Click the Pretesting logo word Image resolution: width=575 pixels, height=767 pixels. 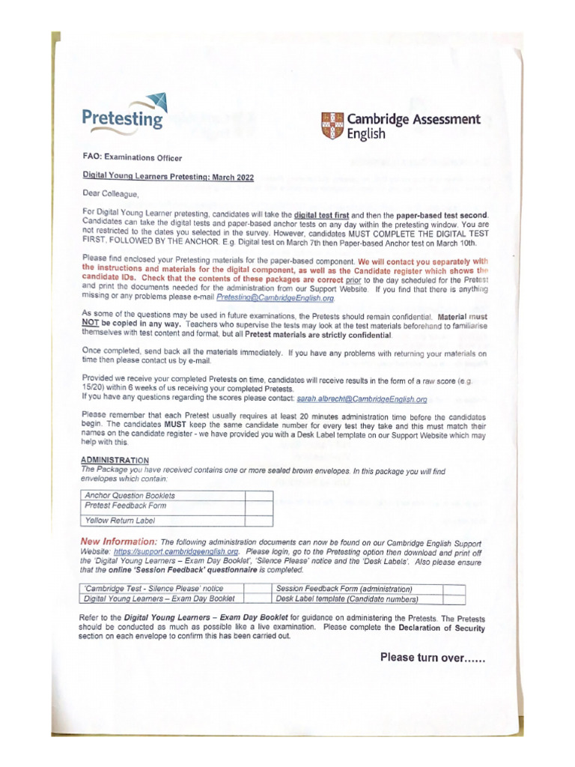tap(122, 118)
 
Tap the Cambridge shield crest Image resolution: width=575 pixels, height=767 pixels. tap(332, 126)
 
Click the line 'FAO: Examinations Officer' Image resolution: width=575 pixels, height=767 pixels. tap(132, 157)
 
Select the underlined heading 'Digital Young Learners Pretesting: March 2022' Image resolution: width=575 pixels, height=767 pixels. tap(168, 177)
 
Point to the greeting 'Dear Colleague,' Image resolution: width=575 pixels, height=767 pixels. tap(111, 194)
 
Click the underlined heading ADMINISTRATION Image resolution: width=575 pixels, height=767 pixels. tap(114, 460)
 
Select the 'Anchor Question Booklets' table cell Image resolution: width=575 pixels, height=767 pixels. tap(130, 495)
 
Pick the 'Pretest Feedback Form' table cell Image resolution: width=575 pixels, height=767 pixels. tap(126, 506)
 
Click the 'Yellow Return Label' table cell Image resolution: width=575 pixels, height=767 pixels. tap(120, 519)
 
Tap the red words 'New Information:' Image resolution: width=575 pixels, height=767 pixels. tap(118, 541)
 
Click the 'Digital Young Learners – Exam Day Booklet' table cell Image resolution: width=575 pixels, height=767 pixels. tap(159, 598)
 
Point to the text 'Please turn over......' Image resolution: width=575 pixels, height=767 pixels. tap(433, 658)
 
